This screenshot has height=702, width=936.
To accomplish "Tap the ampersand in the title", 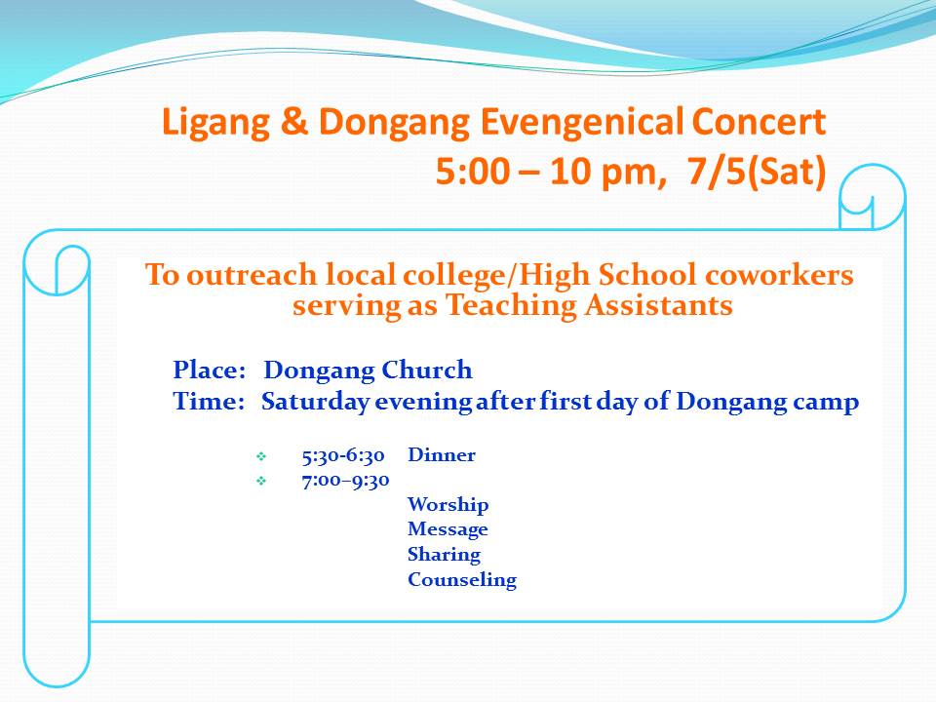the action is [x=293, y=121].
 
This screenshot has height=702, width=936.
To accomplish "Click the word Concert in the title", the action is [x=759, y=122].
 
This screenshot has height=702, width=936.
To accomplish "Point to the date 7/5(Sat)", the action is [x=757, y=172].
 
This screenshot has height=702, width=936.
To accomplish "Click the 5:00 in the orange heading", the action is [x=473, y=172].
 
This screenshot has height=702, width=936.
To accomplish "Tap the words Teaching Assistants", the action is [x=589, y=305].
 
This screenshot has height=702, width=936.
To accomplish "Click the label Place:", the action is [x=210, y=370].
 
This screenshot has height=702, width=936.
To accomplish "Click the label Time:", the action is [x=209, y=401].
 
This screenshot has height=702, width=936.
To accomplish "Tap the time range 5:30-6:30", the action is [x=343, y=456].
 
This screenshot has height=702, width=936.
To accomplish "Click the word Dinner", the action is [x=442, y=455].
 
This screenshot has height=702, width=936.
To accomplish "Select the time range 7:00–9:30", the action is [x=345, y=481].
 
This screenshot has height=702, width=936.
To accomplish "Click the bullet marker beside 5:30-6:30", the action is [x=261, y=456].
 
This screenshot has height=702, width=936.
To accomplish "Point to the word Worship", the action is [x=448, y=505].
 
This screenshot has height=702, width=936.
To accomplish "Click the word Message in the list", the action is [x=448, y=530].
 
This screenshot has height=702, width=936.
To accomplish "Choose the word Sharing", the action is [x=445, y=555].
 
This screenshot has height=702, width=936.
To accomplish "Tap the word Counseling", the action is [x=462, y=580].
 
